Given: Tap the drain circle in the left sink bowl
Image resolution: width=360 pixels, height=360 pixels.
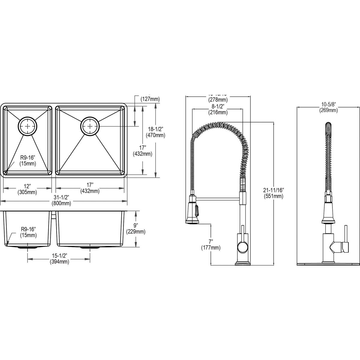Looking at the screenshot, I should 28,126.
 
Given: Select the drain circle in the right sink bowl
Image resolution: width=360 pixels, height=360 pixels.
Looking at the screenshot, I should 90,126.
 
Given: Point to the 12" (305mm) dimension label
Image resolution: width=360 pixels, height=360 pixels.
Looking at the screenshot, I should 28,189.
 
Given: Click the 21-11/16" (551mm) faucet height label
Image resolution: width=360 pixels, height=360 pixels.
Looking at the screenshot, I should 274,193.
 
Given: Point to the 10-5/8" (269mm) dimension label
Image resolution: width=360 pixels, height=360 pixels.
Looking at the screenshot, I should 328,107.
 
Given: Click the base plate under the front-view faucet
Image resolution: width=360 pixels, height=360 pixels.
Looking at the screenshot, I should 328,263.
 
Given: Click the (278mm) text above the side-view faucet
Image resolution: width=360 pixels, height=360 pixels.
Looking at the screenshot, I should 218,99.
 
